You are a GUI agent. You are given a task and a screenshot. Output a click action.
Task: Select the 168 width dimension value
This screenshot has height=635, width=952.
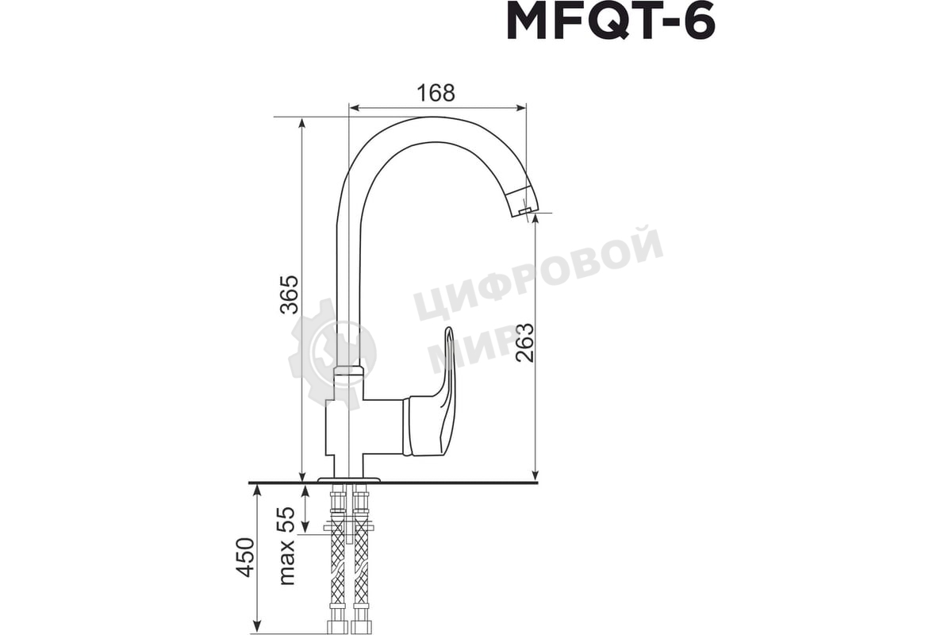click(x=436, y=93)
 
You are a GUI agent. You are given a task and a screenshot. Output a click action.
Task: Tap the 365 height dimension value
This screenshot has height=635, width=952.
click(x=290, y=294)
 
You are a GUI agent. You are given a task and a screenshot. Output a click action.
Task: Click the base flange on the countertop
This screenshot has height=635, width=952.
click(x=348, y=479)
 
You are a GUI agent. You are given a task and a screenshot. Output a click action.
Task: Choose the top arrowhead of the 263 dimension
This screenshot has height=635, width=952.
click(x=535, y=220)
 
